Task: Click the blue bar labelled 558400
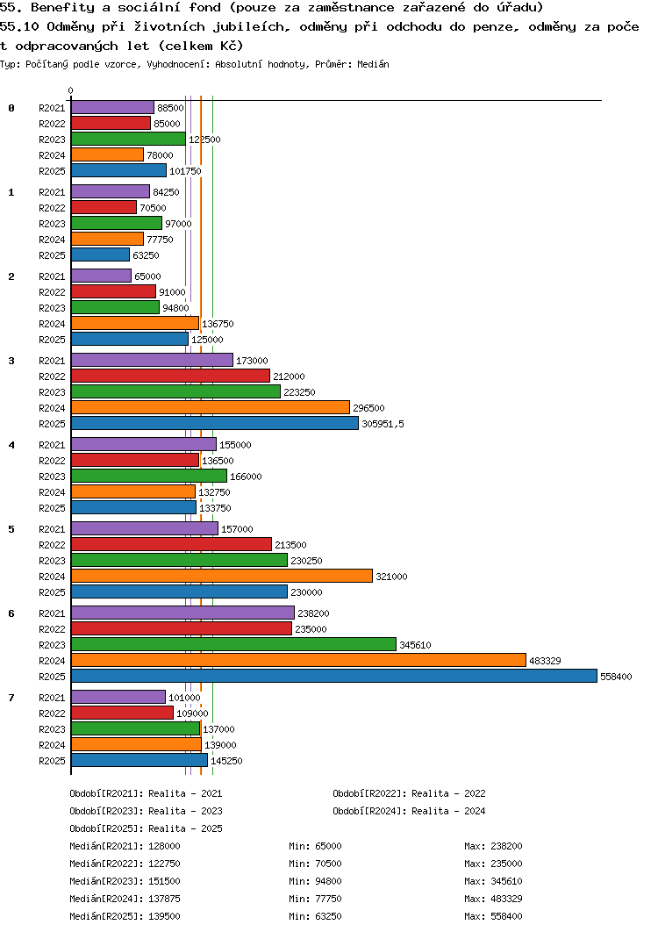[x=334, y=676]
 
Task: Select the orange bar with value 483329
[x=298, y=660]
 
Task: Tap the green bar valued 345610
[x=233, y=644]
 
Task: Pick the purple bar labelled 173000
[x=152, y=360]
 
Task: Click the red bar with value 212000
[x=170, y=376]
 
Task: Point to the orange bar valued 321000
[x=222, y=576]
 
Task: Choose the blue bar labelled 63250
[x=100, y=255]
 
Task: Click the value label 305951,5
[x=383, y=424]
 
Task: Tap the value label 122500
[x=204, y=140]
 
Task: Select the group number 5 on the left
[x=11, y=529]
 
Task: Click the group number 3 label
[x=11, y=361]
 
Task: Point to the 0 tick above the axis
[x=71, y=90]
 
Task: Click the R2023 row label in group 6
[x=53, y=645]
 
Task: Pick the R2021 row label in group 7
[x=53, y=698]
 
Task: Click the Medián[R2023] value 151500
[x=164, y=881]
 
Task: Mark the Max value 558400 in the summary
[x=506, y=916]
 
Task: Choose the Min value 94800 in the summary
[x=328, y=881]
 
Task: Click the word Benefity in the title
[x=62, y=8]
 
